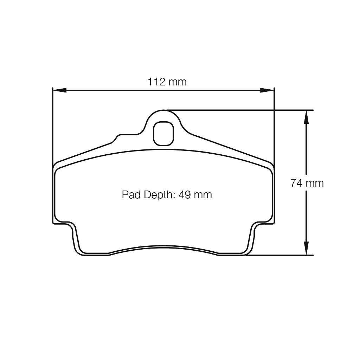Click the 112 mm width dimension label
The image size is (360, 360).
[167, 82]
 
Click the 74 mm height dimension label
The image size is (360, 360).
[307, 183]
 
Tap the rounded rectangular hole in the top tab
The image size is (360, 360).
[163, 133]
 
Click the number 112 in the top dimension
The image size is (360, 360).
[156, 82]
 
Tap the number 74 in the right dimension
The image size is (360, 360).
[296, 183]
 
